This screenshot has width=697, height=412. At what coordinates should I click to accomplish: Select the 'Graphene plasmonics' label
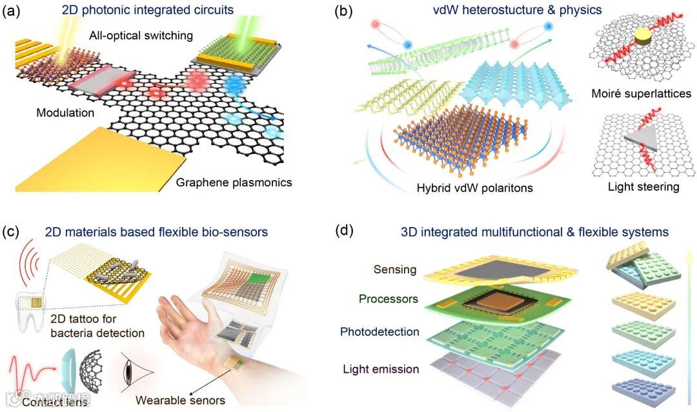[x=234, y=182]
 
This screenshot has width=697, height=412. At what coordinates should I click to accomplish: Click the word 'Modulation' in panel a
[x=66, y=113]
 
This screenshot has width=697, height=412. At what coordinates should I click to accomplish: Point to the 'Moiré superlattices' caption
[x=641, y=94]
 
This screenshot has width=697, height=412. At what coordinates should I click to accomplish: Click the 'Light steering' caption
[x=643, y=187]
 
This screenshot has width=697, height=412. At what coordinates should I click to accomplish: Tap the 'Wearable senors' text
[x=180, y=400]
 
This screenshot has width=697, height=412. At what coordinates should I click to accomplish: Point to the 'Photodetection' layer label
[x=379, y=332]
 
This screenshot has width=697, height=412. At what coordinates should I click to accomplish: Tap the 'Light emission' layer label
[x=381, y=369]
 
